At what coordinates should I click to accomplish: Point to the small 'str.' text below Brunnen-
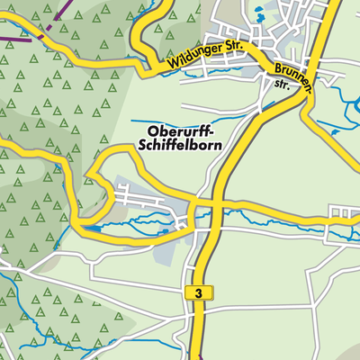[x=280, y=86]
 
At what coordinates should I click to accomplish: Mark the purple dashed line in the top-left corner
[x=18, y=36]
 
